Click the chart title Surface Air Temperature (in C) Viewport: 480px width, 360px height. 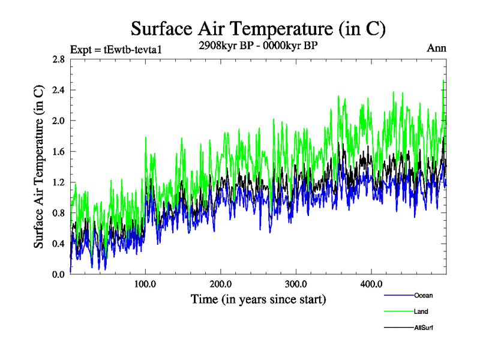click(258, 28)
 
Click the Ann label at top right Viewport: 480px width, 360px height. click(437, 48)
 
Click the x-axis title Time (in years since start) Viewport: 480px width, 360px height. click(258, 298)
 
